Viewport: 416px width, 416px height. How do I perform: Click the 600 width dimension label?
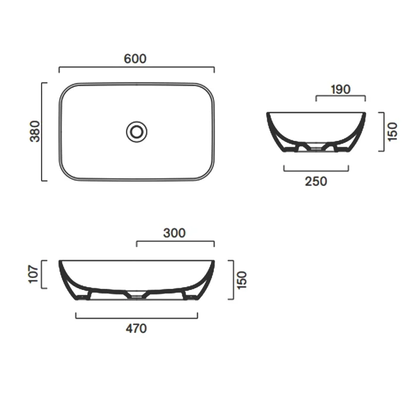click(x=135, y=59)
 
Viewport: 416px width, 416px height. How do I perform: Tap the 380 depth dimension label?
click(x=35, y=131)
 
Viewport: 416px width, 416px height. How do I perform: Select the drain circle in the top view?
click(x=137, y=132)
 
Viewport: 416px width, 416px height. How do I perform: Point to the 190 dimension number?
click(x=341, y=89)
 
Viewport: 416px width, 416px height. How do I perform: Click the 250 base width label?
click(x=316, y=181)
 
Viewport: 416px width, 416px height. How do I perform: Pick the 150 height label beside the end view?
click(x=392, y=131)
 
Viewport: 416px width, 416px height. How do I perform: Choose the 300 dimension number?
click(x=174, y=233)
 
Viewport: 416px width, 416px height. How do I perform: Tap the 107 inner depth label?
click(x=34, y=274)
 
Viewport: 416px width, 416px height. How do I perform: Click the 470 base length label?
click(x=136, y=329)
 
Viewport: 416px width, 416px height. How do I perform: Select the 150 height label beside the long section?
click(x=242, y=280)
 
